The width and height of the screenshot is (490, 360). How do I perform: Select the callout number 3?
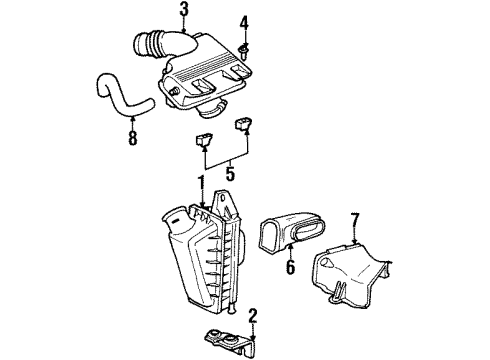[x=184, y=11]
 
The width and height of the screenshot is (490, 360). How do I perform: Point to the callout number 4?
[x=244, y=22]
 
